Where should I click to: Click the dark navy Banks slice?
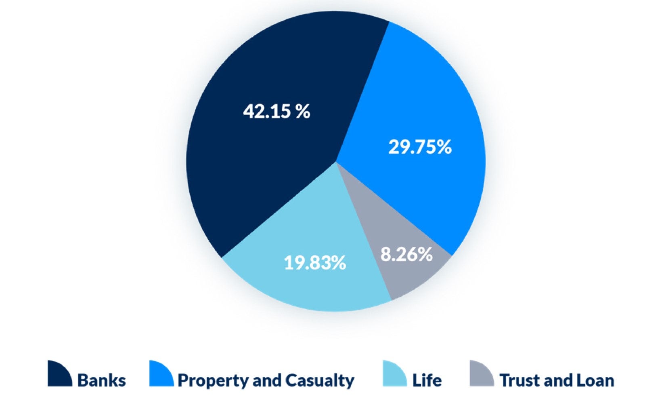[x=258, y=170]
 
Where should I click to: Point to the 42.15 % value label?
[x=276, y=111]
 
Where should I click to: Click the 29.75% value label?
[x=420, y=147]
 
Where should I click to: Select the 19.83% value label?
[x=315, y=263]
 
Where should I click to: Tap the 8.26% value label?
[x=406, y=255]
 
